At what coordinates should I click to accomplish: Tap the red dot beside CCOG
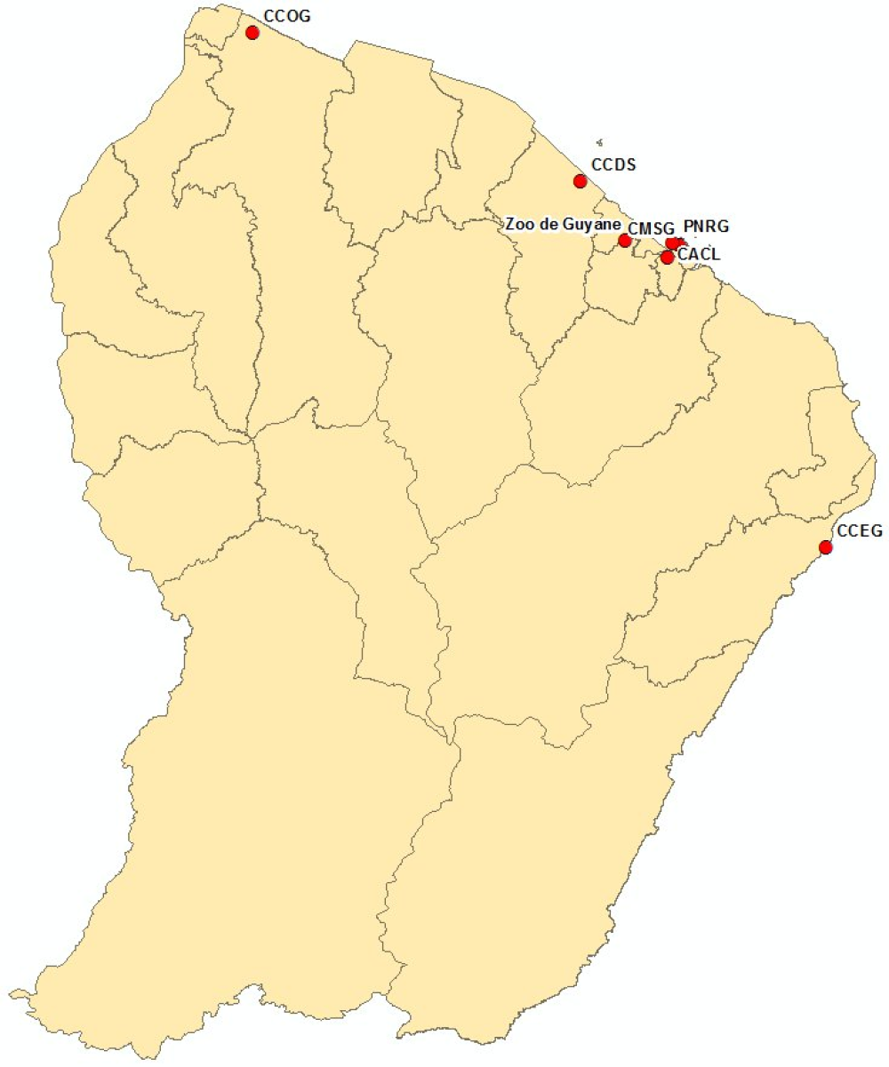tap(252, 33)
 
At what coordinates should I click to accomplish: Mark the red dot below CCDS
tap(581, 181)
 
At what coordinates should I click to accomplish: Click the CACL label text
tap(699, 254)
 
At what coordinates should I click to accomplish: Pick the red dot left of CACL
tap(667, 258)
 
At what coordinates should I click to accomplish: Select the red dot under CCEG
tap(826, 547)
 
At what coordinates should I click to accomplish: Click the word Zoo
tap(520, 223)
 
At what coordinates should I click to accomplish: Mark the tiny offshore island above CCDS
tap(600, 141)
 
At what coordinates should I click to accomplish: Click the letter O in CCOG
tap(287, 16)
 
